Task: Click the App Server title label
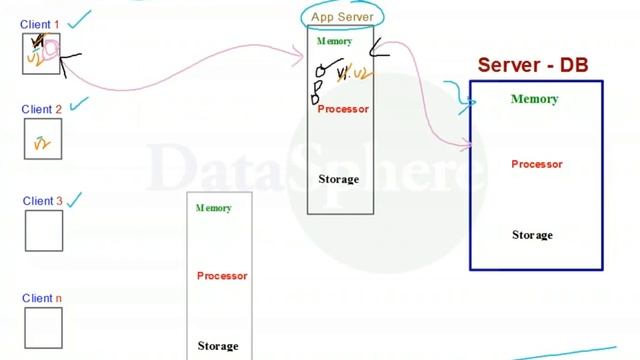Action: point(342,17)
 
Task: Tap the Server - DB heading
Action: point(533,66)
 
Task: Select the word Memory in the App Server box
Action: point(334,42)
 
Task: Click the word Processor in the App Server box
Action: point(343,109)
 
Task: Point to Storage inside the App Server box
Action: point(338,179)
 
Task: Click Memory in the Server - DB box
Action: point(534,99)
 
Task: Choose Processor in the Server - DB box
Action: point(537,164)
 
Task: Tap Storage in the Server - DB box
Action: point(532,235)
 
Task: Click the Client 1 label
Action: point(40,24)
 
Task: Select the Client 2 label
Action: point(42,109)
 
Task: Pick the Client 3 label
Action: point(42,201)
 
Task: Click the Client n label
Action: point(42,298)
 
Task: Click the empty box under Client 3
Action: point(43,230)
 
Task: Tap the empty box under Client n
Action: point(43,327)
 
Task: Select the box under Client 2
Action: point(43,139)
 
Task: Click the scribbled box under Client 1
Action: point(41,54)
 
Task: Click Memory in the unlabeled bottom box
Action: point(213,208)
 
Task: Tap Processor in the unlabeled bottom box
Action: point(222,276)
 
